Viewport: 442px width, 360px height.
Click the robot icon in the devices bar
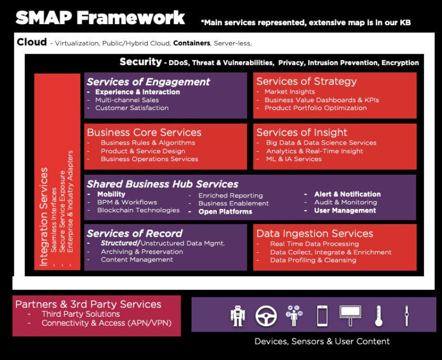point(238,316)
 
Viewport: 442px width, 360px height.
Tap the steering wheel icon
point(266,316)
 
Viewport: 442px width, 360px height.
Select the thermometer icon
point(378,316)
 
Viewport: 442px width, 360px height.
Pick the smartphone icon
point(322,316)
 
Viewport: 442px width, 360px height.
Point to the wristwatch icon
point(406,316)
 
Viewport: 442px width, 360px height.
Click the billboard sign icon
point(350,316)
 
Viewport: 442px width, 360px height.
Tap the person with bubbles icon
point(294,316)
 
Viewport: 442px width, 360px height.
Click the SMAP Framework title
point(100,18)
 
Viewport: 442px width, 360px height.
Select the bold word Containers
point(192,43)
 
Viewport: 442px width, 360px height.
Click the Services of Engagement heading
point(148,82)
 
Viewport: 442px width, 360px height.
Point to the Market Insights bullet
point(289,92)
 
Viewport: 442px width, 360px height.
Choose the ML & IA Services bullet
point(294,159)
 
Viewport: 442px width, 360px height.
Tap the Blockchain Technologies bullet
point(138,211)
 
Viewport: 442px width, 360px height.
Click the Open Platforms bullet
point(225,212)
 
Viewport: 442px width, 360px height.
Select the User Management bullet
point(345,211)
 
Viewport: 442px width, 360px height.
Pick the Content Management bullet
point(137,259)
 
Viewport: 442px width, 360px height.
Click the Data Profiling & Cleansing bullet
point(313,260)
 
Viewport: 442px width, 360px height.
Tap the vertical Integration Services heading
point(44,217)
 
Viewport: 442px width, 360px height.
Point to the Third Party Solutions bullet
point(81,314)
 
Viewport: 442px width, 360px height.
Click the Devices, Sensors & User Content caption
point(322,342)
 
